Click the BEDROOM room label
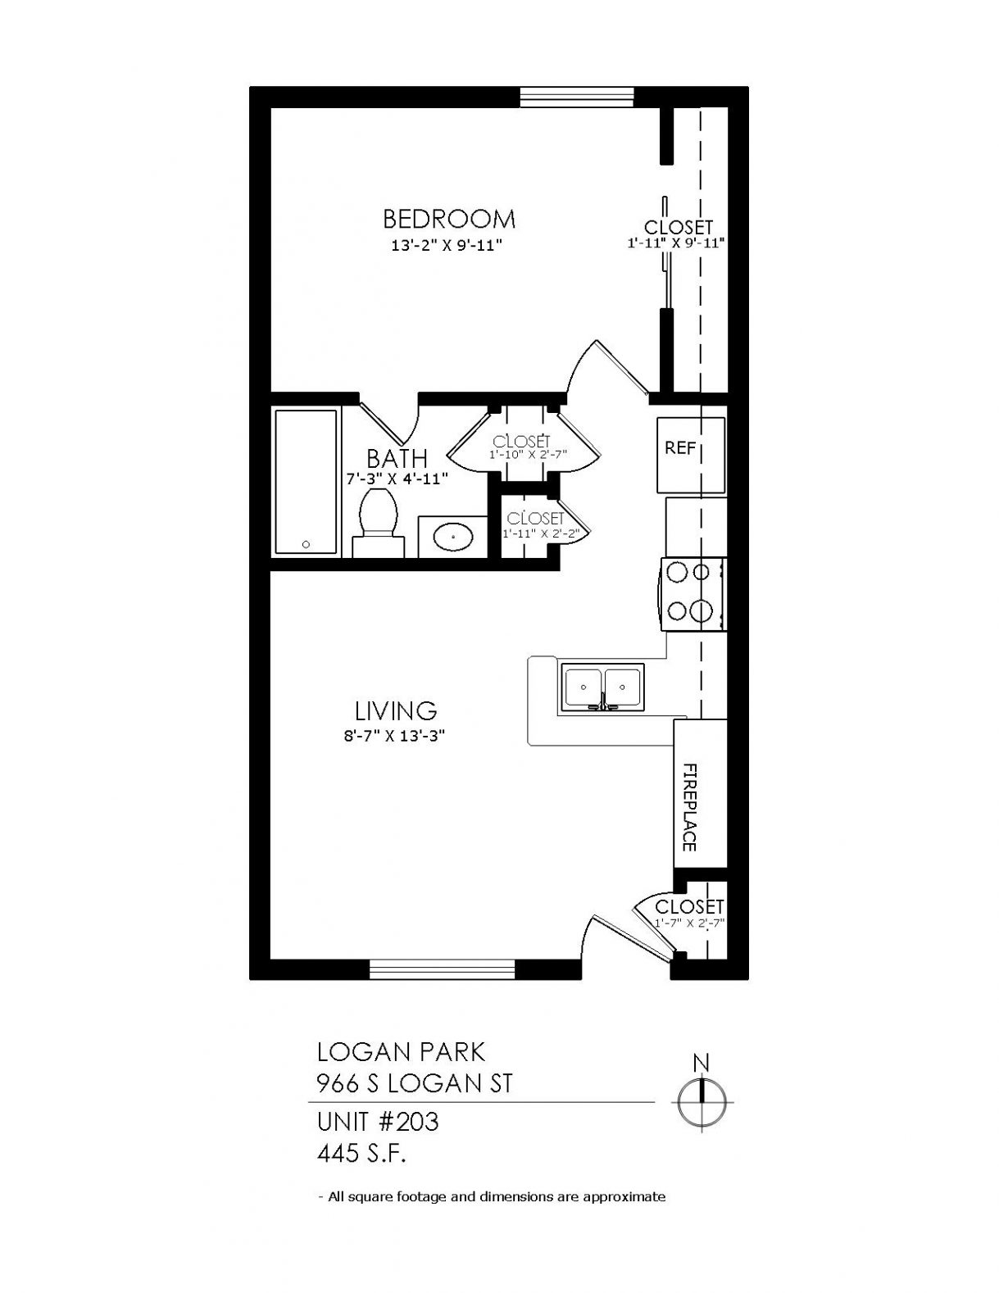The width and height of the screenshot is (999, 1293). [448, 220]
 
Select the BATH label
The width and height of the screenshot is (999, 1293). [397, 458]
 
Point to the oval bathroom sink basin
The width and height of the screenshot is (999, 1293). [453, 537]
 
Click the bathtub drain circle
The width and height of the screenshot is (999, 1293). [307, 544]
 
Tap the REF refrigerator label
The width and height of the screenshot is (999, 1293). [680, 448]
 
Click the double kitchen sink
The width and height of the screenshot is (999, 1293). [602, 687]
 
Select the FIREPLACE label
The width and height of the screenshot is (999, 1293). [689, 806]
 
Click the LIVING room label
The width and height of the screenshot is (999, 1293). [397, 710]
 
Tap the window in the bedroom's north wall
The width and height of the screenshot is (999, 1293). [577, 97]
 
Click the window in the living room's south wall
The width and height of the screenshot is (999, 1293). [442, 969]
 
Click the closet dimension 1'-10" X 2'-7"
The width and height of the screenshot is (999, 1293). [529, 455]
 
